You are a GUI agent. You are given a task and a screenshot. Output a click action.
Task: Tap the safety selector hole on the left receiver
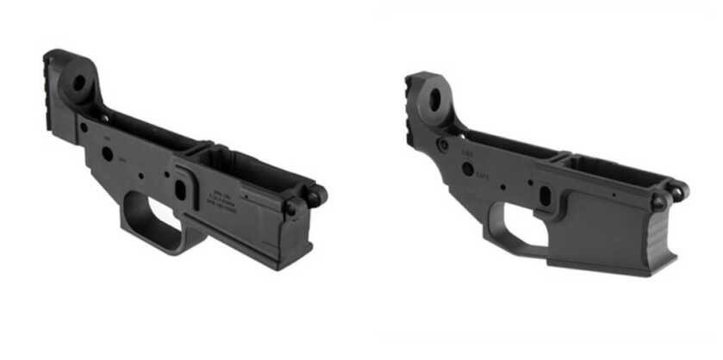[x=107, y=153]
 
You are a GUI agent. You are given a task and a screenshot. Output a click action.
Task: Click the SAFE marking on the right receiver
[x=481, y=176]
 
